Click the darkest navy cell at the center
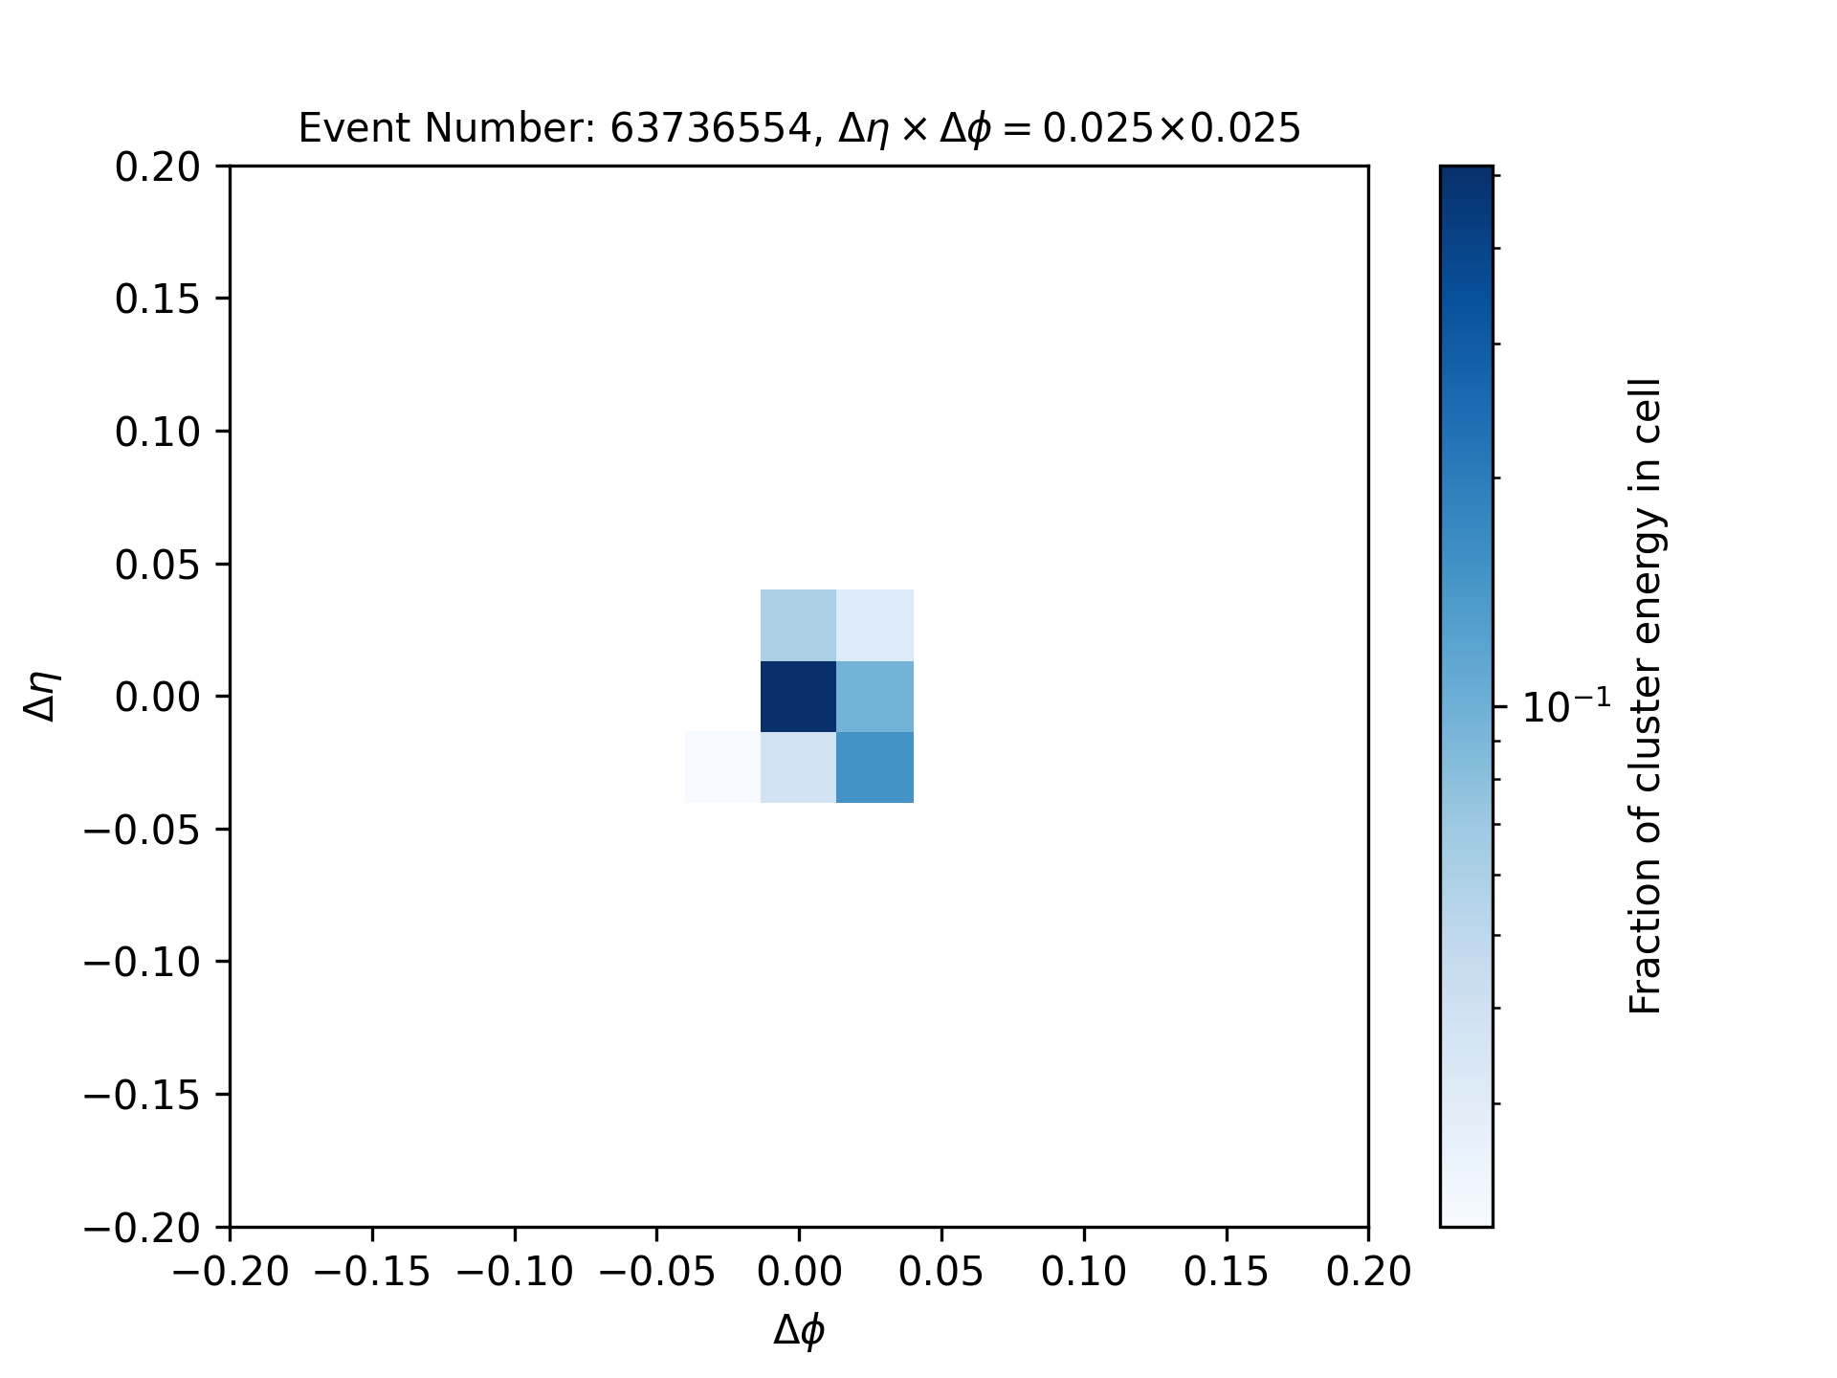(799, 697)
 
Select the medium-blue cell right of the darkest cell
(875, 697)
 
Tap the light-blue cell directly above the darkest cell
(799, 626)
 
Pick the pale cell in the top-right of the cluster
(875, 626)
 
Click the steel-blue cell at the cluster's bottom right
(875, 767)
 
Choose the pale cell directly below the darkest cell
(799, 767)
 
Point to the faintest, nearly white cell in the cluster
(723, 767)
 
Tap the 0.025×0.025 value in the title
(1171, 128)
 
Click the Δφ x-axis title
(800, 1331)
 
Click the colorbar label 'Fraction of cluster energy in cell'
(1646, 697)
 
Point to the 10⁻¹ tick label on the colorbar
(1566, 706)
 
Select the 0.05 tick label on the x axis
(941, 1272)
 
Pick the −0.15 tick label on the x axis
(372, 1272)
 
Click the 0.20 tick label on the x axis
(1368, 1272)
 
